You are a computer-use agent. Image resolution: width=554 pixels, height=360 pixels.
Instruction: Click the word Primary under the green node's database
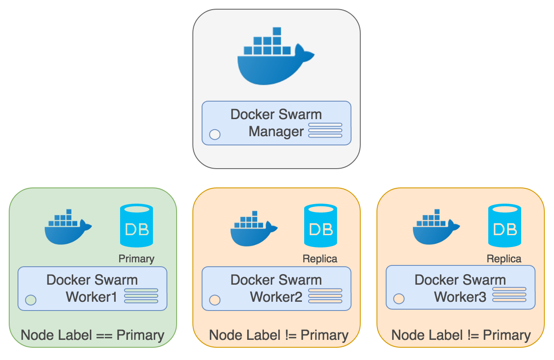tap(136, 259)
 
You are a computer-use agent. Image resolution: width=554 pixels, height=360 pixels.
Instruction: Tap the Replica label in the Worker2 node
tap(320, 259)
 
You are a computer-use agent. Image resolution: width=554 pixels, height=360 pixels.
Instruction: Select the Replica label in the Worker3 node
tap(504, 259)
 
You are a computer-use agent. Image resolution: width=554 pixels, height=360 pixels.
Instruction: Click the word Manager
tap(276, 131)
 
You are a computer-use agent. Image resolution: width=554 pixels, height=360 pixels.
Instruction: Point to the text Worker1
tap(92, 297)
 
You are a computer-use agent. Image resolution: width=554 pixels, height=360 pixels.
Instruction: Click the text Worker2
tap(276, 297)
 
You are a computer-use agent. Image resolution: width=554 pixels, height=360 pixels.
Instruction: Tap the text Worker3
tap(460, 297)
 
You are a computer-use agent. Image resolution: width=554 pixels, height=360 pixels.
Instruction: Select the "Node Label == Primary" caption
tap(92, 335)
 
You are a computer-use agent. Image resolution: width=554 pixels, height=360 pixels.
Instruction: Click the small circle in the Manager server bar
tap(215, 134)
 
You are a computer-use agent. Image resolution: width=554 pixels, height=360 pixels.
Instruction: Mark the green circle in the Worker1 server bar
tap(31, 300)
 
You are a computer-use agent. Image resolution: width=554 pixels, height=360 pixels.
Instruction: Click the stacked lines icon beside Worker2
tap(325, 296)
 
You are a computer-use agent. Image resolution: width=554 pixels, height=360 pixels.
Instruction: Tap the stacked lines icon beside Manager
tap(325, 131)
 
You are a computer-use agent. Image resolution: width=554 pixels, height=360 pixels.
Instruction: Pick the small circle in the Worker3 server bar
tap(398, 299)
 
